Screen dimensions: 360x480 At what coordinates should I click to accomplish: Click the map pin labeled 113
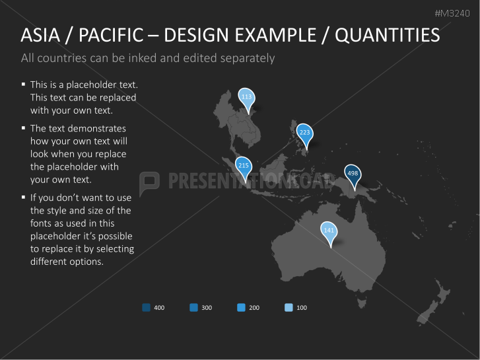246,97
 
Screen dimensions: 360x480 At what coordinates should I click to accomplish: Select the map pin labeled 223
304,133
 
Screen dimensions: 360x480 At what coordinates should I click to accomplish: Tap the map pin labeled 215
243,166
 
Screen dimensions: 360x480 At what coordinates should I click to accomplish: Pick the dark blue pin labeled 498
353,174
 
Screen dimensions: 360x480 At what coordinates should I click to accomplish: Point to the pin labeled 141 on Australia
328,231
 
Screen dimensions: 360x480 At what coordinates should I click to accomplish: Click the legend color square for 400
146,307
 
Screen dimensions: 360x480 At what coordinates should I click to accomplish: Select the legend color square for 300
193,307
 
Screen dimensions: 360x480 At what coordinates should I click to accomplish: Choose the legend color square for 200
241,307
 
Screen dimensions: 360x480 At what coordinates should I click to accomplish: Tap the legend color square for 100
289,307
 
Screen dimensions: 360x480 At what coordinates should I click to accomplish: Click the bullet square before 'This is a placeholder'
23,84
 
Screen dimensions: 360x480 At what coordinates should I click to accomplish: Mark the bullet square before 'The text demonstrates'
23,127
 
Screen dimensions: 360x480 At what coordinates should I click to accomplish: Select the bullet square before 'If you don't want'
23,196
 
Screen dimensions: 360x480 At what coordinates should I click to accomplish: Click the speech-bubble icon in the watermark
150,180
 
